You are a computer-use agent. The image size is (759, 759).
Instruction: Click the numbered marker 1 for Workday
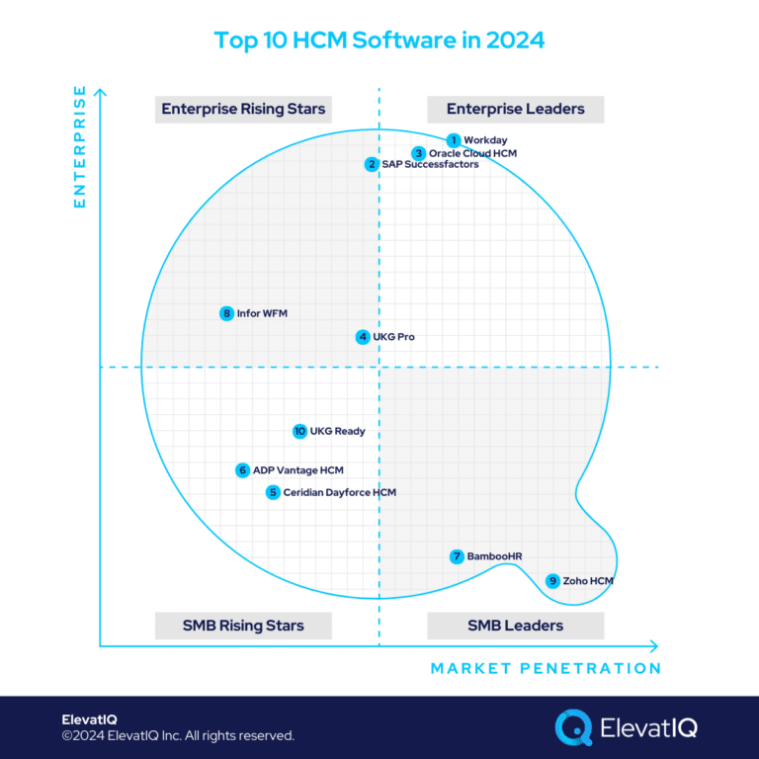click(x=453, y=140)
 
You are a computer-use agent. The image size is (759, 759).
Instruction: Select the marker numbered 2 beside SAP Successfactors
click(x=371, y=164)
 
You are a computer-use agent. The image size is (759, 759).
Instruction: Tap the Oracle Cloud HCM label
click(x=472, y=153)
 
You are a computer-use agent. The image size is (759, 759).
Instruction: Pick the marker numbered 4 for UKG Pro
click(x=363, y=337)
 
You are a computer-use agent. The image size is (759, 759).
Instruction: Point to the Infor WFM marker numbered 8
click(x=226, y=313)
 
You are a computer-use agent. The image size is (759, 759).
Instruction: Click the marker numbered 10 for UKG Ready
click(x=299, y=431)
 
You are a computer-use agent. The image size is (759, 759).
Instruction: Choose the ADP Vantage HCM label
click(x=297, y=470)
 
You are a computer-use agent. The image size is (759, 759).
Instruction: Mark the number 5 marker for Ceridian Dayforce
click(x=273, y=492)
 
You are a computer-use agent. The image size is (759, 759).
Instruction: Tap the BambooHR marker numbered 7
click(x=456, y=556)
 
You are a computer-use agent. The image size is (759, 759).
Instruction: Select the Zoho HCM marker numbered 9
click(x=552, y=581)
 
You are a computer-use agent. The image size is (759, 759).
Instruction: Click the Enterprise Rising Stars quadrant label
click(x=242, y=109)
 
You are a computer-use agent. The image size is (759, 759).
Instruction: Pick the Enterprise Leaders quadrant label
click(x=515, y=109)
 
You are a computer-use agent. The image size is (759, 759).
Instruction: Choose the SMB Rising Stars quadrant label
click(x=243, y=626)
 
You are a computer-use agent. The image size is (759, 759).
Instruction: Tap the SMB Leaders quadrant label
click(x=515, y=626)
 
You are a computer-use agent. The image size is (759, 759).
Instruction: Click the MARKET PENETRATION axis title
click(x=546, y=668)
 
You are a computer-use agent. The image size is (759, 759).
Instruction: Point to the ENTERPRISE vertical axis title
click(x=80, y=149)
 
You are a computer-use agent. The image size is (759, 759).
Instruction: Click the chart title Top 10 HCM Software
click(x=379, y=42)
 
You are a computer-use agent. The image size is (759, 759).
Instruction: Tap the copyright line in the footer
click(x=178, y=736)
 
